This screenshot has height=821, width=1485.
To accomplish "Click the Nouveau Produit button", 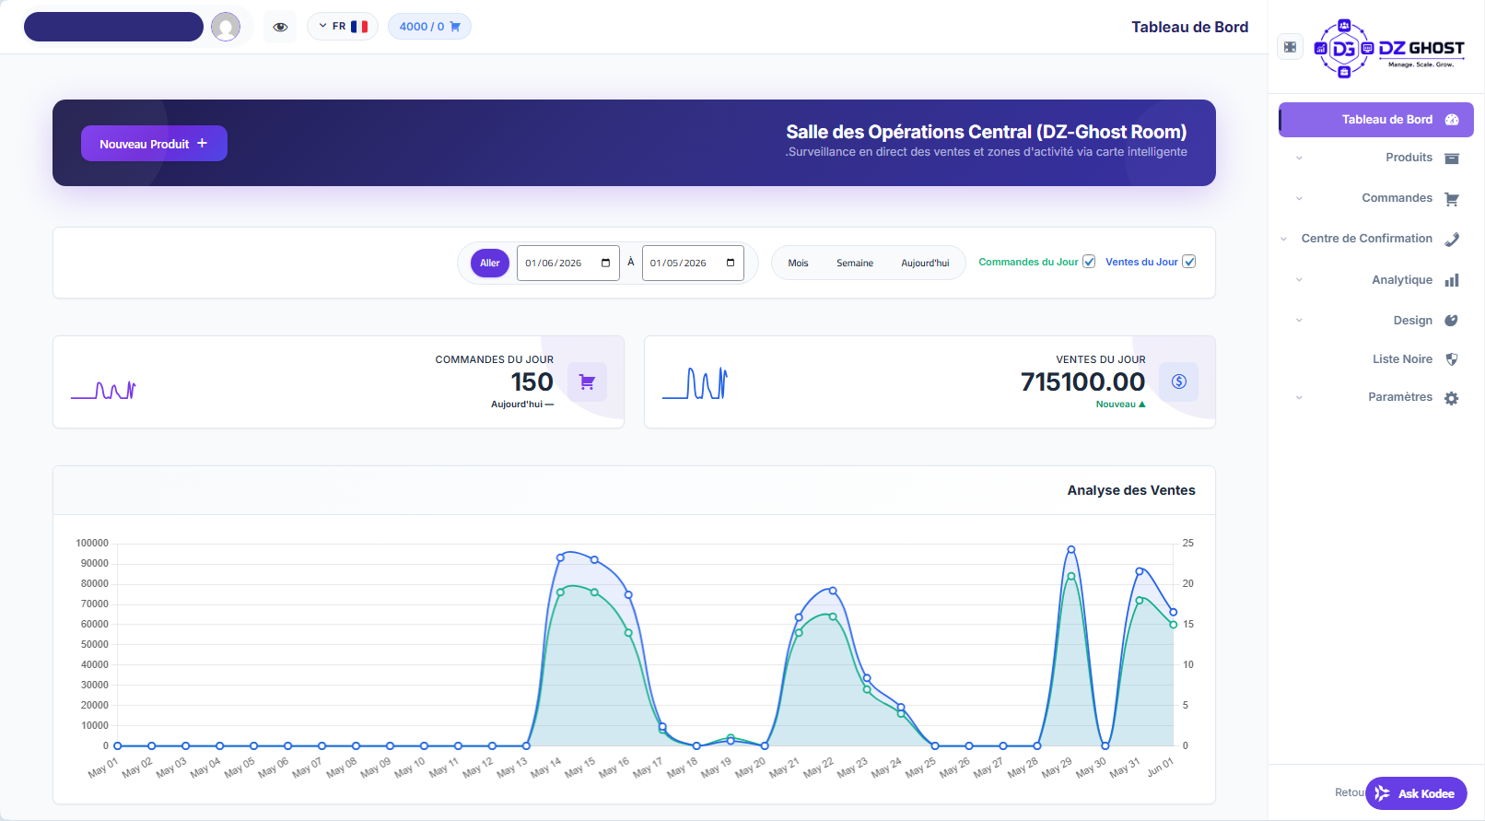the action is click(154, 143).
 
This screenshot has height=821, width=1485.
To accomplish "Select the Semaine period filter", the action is click(855, 264).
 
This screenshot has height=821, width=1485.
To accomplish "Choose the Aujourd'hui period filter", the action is click(925, 264).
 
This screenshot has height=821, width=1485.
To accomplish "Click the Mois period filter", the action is click(798, 264).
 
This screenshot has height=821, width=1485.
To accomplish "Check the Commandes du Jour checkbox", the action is click(1089, 262).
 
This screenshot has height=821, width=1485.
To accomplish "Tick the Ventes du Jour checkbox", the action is click(1188, 262).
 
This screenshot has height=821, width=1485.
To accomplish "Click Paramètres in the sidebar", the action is click(1399, 397).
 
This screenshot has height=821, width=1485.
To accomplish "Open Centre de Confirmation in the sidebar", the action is click(1366, 239).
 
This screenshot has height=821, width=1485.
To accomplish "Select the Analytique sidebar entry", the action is click(1401, 280).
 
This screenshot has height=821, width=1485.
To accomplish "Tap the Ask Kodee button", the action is click(1416, 793).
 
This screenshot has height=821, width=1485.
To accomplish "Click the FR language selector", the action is click(343, 27).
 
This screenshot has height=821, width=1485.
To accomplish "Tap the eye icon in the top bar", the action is click(280, 28).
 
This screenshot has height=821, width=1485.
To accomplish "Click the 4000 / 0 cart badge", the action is click(429, 27).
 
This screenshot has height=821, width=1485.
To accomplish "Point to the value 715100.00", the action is click(1082, 382).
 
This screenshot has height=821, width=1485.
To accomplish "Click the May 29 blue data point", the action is click(1071, 550).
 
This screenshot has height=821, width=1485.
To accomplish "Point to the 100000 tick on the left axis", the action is click(92, 543).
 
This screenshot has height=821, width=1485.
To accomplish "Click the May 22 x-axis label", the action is click(818, 767).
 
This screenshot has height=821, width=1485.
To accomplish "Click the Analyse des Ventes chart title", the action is click(1131, 491).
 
